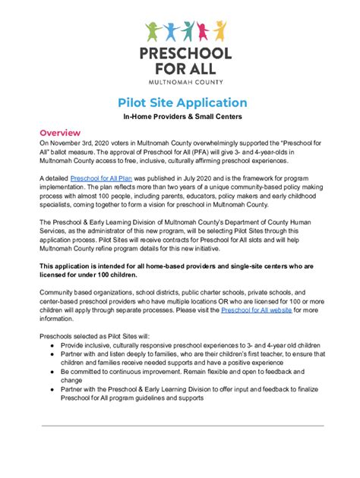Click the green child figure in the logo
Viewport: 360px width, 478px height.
pos(154,33)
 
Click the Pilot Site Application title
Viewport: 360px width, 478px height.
pos(182,102)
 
